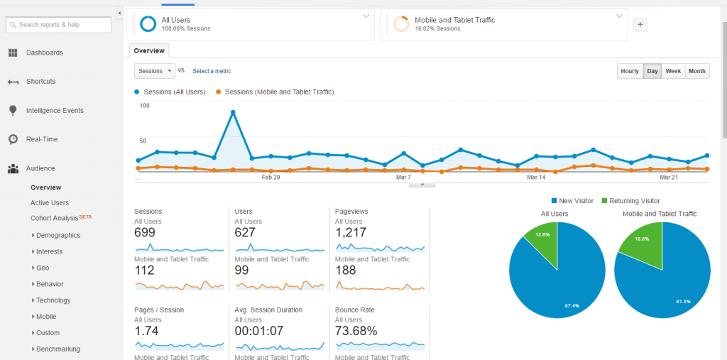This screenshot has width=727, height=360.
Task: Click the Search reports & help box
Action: [x=59, y=25]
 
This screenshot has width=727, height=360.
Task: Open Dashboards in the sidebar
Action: [x=44, y=53]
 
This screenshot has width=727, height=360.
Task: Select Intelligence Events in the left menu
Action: [x=55, y=111]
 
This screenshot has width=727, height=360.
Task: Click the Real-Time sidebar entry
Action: [x=42, y=139]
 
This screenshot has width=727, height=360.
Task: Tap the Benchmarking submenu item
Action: [x=58, y=349]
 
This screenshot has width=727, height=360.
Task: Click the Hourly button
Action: [x=630, y=71]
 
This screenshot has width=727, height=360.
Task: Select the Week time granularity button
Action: [x=673, y=71]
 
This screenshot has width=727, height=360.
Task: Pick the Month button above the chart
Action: [x=696, y=71]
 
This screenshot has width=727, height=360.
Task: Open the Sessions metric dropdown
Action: [x=155, y=71]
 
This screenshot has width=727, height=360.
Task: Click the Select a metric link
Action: [x=212, y=71]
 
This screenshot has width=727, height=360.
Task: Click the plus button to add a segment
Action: [x=640, y=24]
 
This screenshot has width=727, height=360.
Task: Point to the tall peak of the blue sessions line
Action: [x=233, y=112]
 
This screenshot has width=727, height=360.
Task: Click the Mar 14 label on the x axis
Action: [x=536, y=178]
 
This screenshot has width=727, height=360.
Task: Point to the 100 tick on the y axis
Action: [x=145, y=105]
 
